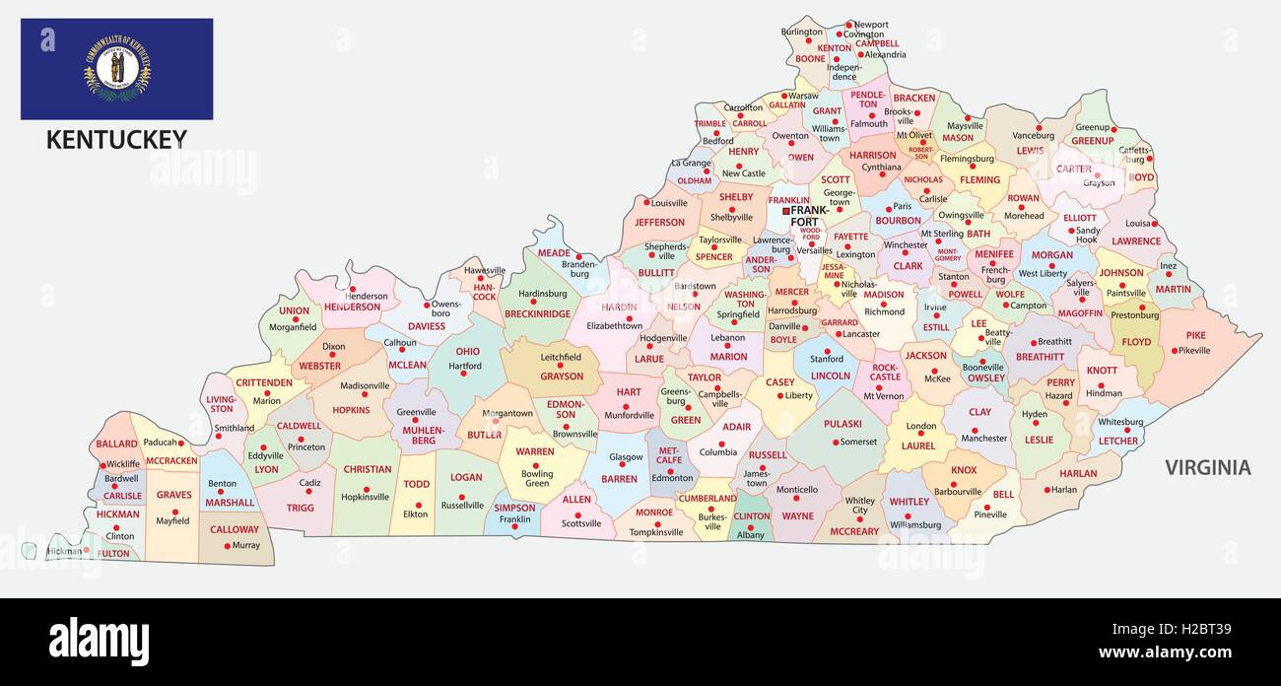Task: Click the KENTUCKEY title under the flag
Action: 116,140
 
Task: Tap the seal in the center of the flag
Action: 117,68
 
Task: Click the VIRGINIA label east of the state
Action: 1207,467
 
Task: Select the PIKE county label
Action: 1195,335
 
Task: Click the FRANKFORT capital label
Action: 810,216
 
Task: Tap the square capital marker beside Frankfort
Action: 785,211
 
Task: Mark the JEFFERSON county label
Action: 659,222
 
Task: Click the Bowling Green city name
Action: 537,478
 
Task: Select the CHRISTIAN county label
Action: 367,469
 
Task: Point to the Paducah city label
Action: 160,443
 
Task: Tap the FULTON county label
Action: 114,553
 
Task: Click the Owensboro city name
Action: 446,309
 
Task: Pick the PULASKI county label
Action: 843,424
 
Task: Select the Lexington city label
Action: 855,254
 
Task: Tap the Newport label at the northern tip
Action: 871,25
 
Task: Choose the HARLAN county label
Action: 1077,473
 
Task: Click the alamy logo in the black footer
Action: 99,642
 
